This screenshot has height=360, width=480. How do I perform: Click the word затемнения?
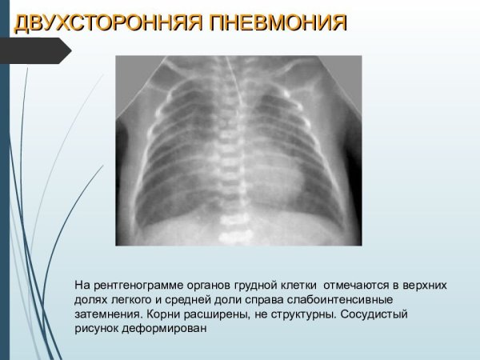(103, 314)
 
